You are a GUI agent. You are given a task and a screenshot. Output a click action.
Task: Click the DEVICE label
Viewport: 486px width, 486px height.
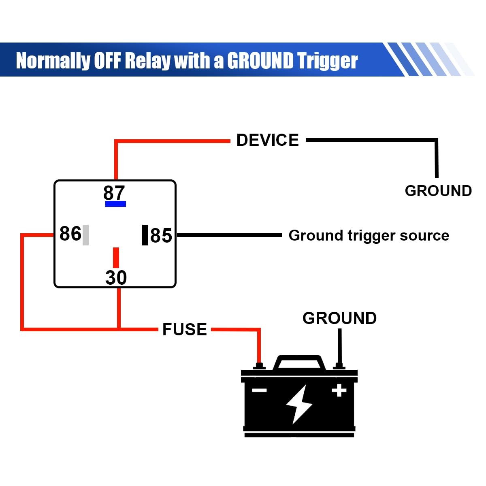pos(267,140)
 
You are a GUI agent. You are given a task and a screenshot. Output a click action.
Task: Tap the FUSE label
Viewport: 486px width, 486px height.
pos(184,330)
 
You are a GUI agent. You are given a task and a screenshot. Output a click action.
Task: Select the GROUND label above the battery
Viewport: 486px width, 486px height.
pos(339,318)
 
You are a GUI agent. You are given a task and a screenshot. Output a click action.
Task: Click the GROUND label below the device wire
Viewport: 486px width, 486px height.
pos(438,191)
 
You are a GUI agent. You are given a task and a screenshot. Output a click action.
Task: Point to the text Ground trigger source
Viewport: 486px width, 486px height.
pos(369,235)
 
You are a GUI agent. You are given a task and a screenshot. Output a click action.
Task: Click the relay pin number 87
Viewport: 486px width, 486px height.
pos(114,192)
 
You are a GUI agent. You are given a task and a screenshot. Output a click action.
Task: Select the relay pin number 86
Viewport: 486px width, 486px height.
pos(70,234)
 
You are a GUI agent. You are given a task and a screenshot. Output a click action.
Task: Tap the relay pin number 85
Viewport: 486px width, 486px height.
pos(161,236)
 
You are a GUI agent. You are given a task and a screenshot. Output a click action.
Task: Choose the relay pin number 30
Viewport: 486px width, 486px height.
pos(116,278)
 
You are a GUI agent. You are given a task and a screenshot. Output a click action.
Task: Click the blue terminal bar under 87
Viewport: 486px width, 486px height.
pos(115,204)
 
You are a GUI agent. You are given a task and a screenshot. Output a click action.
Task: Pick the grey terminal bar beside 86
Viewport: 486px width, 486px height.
pos(85,235)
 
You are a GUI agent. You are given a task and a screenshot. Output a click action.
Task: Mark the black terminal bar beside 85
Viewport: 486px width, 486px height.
pos(145,235)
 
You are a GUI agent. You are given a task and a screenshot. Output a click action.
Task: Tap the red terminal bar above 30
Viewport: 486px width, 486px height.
pos(116,258)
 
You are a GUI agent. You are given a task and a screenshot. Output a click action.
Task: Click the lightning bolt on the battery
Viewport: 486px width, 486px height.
pos(299,404)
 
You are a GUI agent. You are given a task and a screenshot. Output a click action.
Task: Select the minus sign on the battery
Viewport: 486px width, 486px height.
pos(259,390)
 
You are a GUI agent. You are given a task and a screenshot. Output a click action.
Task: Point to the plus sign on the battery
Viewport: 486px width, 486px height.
pos(339,390)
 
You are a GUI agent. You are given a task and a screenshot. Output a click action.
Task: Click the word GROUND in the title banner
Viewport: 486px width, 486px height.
pos(260,61)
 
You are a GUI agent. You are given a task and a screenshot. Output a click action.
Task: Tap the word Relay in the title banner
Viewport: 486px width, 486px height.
pos(147,61)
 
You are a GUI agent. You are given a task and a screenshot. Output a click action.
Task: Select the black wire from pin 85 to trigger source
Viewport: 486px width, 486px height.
pos(229,235)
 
